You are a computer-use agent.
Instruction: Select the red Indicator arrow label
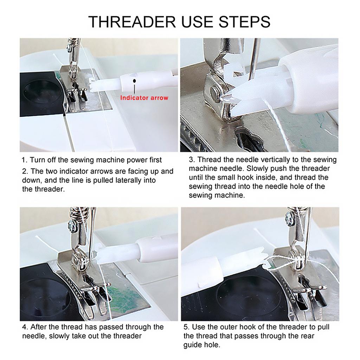(144, 98)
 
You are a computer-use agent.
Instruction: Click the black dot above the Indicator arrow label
(134, 81)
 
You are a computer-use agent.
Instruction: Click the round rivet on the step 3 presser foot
(214, 92)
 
